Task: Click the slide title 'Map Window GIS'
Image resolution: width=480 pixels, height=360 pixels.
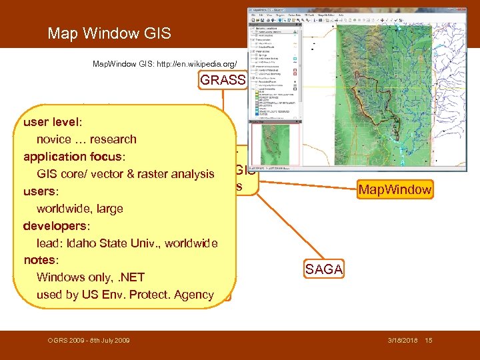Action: (109, 33)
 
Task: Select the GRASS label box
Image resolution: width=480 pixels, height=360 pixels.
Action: (223, 81)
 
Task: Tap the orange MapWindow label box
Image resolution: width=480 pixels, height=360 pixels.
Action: (395, 190)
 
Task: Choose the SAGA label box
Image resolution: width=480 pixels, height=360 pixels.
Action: (324, 269)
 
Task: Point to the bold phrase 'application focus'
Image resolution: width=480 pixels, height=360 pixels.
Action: (73, 157)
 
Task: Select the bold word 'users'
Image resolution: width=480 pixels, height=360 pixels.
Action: (41, 191)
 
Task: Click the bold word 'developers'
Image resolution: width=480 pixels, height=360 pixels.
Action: (56, 225)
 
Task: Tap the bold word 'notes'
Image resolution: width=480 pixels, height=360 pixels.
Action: (41, 259)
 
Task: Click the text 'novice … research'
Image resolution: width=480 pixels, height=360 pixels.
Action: (86, 139)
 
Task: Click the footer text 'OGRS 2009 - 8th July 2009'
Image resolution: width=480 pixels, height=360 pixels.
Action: (89, 341)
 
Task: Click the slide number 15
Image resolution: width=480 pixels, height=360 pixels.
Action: (429, 341)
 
